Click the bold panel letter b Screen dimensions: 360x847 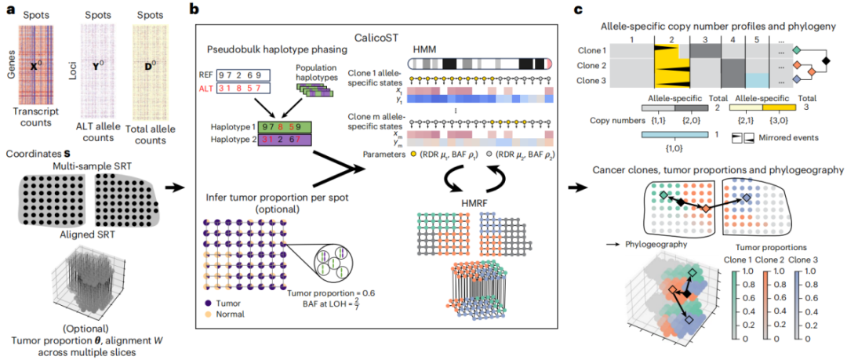pyautogui.click(x=202, y=10)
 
